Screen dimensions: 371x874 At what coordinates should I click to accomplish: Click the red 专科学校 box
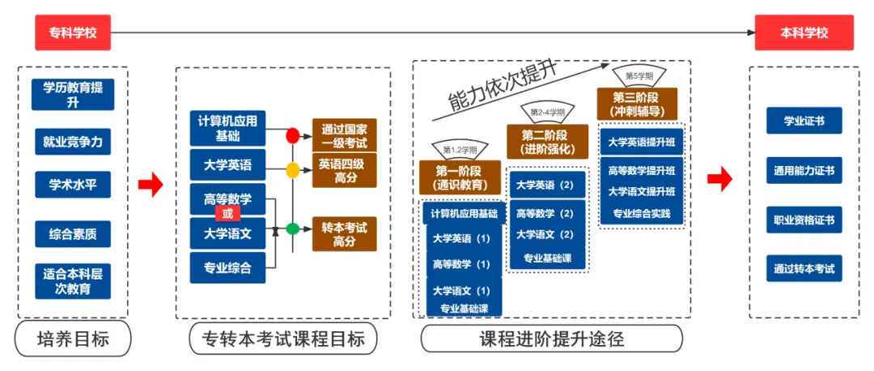coord(72,33)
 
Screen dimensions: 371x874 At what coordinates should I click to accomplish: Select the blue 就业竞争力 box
coord(73,141)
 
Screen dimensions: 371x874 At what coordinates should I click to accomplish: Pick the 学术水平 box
coord(73,184)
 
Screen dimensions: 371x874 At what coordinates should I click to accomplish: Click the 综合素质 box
coord(73,234)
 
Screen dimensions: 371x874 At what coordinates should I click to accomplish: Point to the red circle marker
coord(293,136)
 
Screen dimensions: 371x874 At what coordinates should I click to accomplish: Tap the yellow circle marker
coord(293,170)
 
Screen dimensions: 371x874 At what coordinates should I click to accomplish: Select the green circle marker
coord(293,229)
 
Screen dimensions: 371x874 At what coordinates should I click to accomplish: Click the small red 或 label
coord(227,214)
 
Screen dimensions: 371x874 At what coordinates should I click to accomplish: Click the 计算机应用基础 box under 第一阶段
coord(464,213)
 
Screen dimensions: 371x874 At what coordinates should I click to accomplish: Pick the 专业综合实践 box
coord(647,215)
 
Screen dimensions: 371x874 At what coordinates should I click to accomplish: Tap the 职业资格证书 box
coord(804,220)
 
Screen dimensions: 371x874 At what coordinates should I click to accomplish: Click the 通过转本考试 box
coord(804,268)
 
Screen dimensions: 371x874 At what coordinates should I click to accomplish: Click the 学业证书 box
coord(804,122)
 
